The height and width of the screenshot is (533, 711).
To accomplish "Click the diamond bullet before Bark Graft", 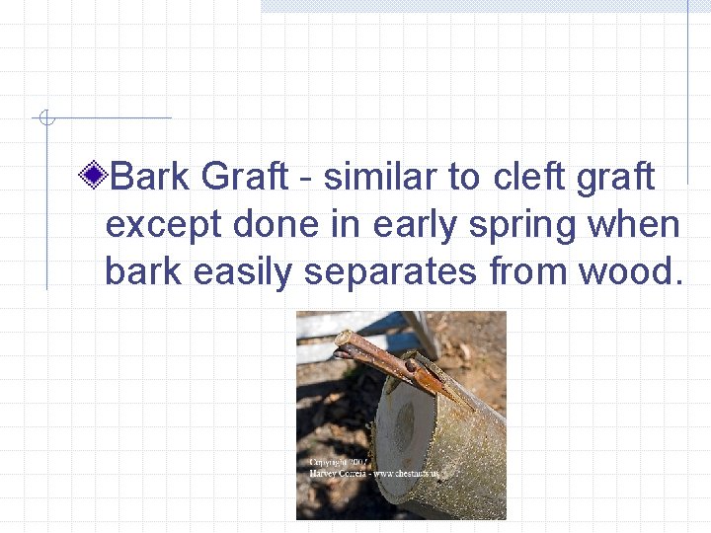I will coord(95,178).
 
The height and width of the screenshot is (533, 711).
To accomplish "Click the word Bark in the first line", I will coord(149,178).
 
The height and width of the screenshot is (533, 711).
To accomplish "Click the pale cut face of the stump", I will coord(405,434).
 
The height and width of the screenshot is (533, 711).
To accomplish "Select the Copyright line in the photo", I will coord(336,462).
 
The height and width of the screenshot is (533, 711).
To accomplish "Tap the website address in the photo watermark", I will coord(405,474).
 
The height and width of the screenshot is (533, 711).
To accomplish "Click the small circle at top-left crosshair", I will coord(44,118).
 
